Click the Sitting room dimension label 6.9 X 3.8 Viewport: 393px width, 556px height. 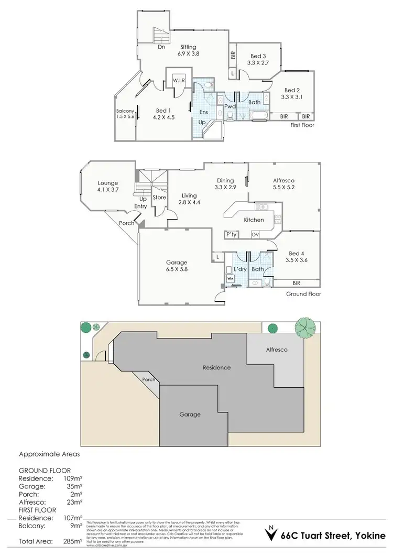pos(189,53)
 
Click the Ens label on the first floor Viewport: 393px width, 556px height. pos(203,112)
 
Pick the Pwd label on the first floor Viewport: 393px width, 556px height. pos(230,106)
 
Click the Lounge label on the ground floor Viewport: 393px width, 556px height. pos(107,183)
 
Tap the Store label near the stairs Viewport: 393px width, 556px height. pos(159,198)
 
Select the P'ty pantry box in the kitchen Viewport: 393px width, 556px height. pos(231,234)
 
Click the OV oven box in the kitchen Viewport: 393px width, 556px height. pos(256,234)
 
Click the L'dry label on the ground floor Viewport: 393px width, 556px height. pos(241,269)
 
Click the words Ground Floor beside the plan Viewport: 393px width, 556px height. pos(303,294)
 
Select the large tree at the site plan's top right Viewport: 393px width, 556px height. pos(305,328)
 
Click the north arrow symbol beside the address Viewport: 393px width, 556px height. pos(270,534)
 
